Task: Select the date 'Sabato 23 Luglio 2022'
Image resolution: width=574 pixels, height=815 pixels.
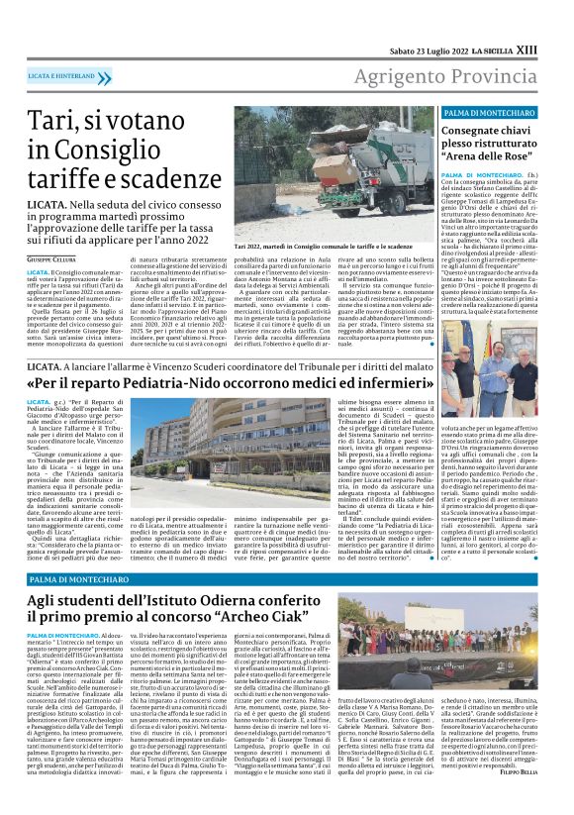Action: click(x=430, y=23)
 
